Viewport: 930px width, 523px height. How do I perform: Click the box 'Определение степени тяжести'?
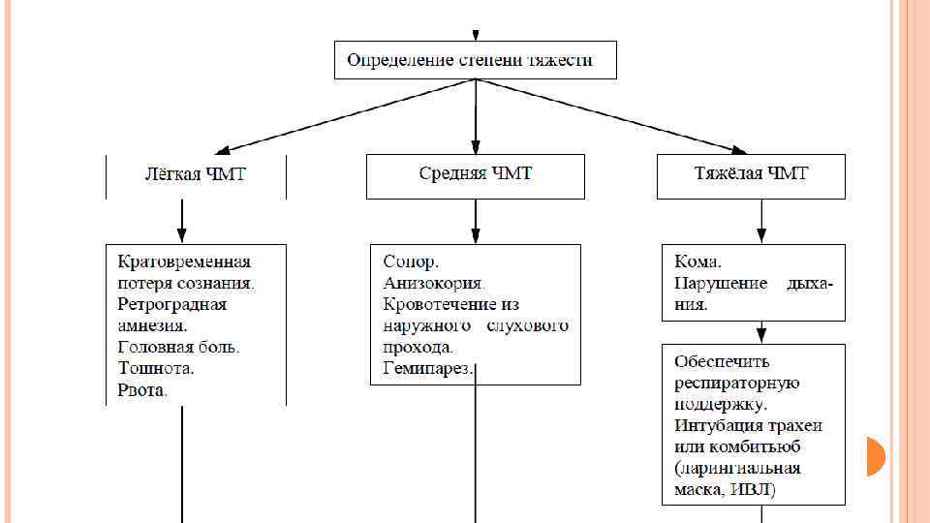475,60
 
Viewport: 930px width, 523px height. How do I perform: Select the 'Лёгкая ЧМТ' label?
196,174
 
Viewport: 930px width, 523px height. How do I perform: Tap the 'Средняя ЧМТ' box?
475,175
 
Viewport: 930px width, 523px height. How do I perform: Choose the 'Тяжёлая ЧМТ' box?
751,175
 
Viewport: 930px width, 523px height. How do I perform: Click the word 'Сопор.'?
411,261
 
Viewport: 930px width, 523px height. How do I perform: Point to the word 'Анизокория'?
432,283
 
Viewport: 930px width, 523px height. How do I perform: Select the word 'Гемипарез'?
427,368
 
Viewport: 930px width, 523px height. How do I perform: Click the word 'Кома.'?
697,261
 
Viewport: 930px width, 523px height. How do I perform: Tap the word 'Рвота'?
141,390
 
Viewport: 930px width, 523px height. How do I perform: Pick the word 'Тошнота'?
155,368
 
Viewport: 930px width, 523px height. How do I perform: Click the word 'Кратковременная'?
184,261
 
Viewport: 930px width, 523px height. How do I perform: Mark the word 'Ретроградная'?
172,304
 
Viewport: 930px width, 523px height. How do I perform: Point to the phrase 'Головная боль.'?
178,347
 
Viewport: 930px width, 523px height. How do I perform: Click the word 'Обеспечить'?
722,361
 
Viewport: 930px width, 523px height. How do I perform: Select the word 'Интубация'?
718,425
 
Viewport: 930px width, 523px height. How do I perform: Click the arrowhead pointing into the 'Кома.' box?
760,235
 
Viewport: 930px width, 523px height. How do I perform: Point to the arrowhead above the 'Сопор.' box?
475,235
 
